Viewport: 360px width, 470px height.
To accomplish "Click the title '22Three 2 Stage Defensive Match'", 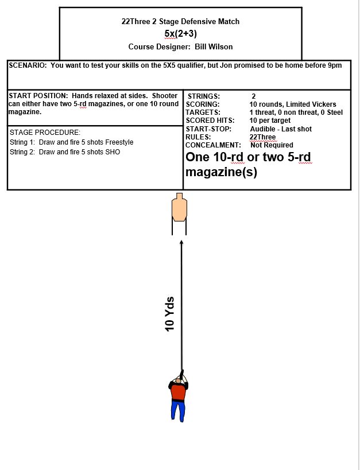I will [180, 21].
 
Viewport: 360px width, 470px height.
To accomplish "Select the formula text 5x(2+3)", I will [180, 33].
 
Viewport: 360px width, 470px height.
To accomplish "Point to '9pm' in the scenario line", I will [334, 65].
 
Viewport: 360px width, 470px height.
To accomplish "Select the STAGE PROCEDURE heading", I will [45, 133].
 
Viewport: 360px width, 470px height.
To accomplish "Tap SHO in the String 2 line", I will [113, 152].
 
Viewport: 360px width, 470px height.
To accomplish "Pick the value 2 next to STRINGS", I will [254, 96].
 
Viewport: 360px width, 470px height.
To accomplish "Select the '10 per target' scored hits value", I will [270, 121].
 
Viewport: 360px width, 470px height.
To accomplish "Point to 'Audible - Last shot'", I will [281, 129].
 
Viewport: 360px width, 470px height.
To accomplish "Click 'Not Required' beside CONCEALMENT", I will [272, 145].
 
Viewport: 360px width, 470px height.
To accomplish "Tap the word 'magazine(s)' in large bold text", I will [221, 172].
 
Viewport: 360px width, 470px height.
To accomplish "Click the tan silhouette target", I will [180, 209].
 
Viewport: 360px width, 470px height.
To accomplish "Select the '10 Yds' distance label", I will [169, 314].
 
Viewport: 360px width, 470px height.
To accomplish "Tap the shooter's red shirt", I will [179, 391].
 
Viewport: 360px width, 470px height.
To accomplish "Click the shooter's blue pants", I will [178, 410].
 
